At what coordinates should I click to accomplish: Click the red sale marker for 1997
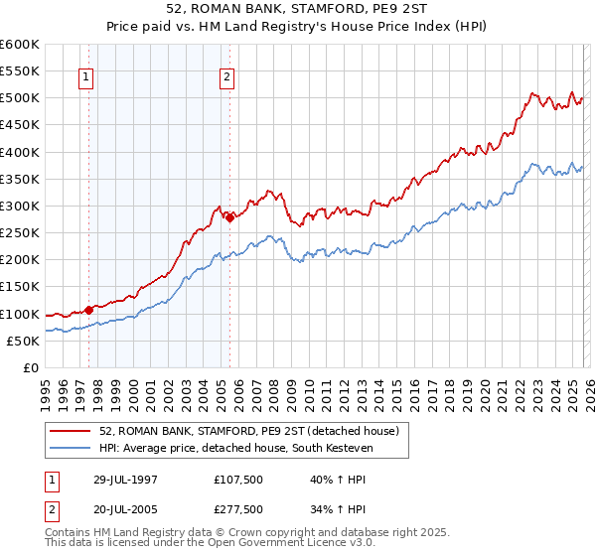[89, 310]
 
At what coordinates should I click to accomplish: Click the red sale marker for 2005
[229, 218]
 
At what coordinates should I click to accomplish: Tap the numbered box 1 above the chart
[86, 78]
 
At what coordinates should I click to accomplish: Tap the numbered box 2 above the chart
[227, 78]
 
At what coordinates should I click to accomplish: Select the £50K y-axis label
[24, 341]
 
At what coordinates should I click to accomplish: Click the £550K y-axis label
[21, 71]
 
